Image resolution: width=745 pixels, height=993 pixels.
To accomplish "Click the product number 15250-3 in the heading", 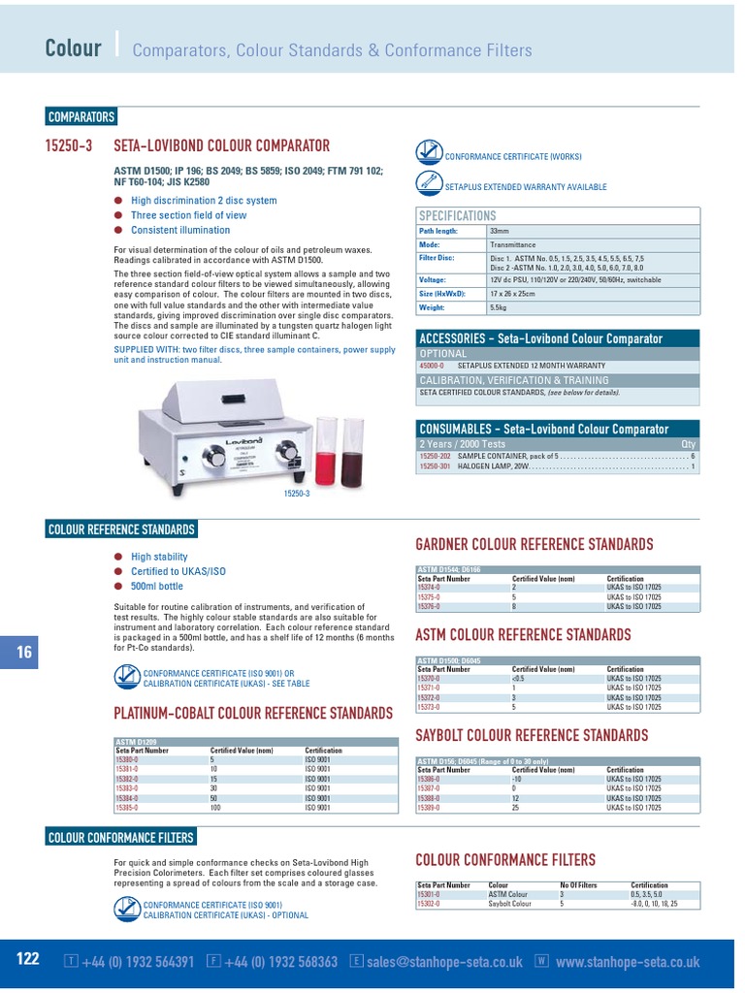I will (70, 145).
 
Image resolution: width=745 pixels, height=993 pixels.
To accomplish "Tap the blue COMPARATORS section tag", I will (81, 117).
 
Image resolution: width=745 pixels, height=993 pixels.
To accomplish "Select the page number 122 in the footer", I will (28, 959).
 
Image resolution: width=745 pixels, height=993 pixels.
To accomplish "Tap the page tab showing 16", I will (23, 653).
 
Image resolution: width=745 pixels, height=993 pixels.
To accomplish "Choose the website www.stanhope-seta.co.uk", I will (628, 962).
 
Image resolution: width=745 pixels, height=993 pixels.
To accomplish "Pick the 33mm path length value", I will (500, 232).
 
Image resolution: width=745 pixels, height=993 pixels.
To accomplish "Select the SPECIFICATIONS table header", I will (457, 215).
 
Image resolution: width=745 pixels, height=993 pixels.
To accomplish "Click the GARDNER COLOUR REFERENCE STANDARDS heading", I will (534, 545).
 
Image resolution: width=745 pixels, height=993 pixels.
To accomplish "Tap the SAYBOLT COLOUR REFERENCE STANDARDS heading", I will (532, 735).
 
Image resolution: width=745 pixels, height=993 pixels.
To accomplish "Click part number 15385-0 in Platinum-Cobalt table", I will (128, 808).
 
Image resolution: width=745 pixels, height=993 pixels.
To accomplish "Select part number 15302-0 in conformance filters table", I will (429, 904).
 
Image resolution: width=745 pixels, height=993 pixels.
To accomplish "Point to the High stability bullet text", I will (159, 558).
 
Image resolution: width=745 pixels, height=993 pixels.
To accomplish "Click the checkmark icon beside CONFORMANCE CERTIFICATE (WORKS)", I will (429, 153).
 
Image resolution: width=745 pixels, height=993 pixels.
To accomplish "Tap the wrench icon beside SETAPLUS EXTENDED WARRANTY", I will (429, 182).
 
